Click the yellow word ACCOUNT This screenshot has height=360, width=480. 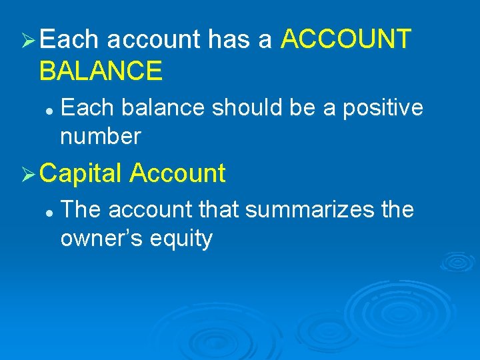tap(346, 40)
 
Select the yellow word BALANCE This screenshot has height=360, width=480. tap(101, 71)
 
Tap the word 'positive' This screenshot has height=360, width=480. tap(383, 107)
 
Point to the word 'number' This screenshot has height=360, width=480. tap(101, 136)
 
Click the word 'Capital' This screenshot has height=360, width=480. tap(81, 173)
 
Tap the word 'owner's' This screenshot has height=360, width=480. tap(99, 239)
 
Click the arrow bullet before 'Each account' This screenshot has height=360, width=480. tap(28, 41)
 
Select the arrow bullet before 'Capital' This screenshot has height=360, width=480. tap(28, 174)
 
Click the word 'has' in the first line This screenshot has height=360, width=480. tap(229, 40)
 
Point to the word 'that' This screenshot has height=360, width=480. tap(217, 209)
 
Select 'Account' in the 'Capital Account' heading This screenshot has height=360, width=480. tap(177, 173)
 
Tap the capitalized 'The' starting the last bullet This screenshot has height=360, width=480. tap(81, 209)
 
